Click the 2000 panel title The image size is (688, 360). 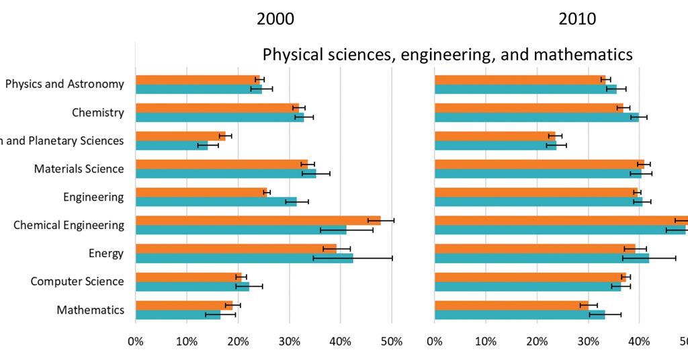tap(275, 19)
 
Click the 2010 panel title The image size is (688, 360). tap(577, 19)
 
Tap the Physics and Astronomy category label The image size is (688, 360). tap(64, 84)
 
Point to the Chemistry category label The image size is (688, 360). tap(97, 112)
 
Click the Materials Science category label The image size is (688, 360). tap(79, 169)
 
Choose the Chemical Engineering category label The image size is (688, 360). tap(69, 225)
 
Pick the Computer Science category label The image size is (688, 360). tap(77, 281)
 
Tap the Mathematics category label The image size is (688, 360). tap(90, 310)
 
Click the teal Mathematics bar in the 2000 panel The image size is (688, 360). tap(177, 314)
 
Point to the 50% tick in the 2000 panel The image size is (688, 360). tap(391, 341)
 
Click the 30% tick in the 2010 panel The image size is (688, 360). tap(588, 341)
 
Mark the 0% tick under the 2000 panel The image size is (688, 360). tap(136, 341)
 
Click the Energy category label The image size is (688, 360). tap(105, 253)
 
